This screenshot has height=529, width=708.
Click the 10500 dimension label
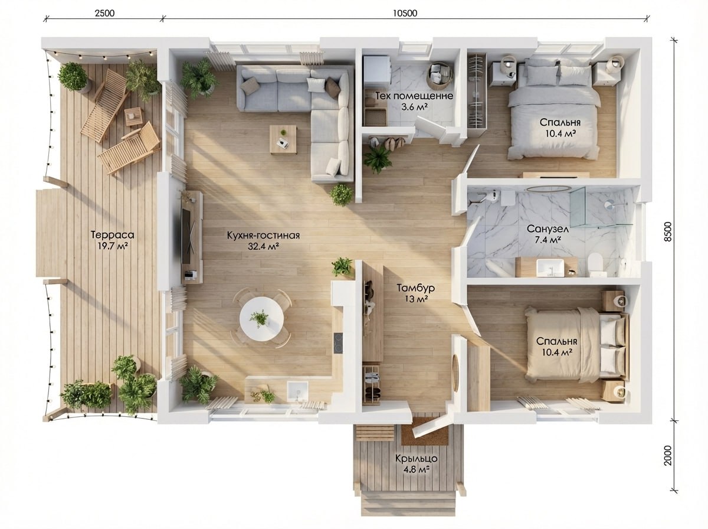click(x=405, y=13)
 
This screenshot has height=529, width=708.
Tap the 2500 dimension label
click(x=105, y=13)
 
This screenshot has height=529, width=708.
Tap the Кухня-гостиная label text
click(x=263, y=236)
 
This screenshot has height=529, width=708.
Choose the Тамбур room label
click(x=416, y=288)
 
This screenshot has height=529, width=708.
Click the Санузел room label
click(x=548, y=229)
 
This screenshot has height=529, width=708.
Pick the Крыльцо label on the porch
click(x=417, y=459)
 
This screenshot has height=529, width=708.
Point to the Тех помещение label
click(x=414, y=96)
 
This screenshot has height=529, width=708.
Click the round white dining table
click(x=261, y=319)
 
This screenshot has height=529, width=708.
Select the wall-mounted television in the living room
click(x=186, y=236)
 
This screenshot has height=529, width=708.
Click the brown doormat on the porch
click(x=424, y=431)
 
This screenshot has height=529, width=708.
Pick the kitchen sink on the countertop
click(x=297, y=391)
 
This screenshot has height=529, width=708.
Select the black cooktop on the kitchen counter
click(x=338, y=343)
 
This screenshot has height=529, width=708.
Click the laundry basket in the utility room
click(x=440, y=76)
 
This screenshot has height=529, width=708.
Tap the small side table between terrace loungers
click(x=133, y=116)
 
